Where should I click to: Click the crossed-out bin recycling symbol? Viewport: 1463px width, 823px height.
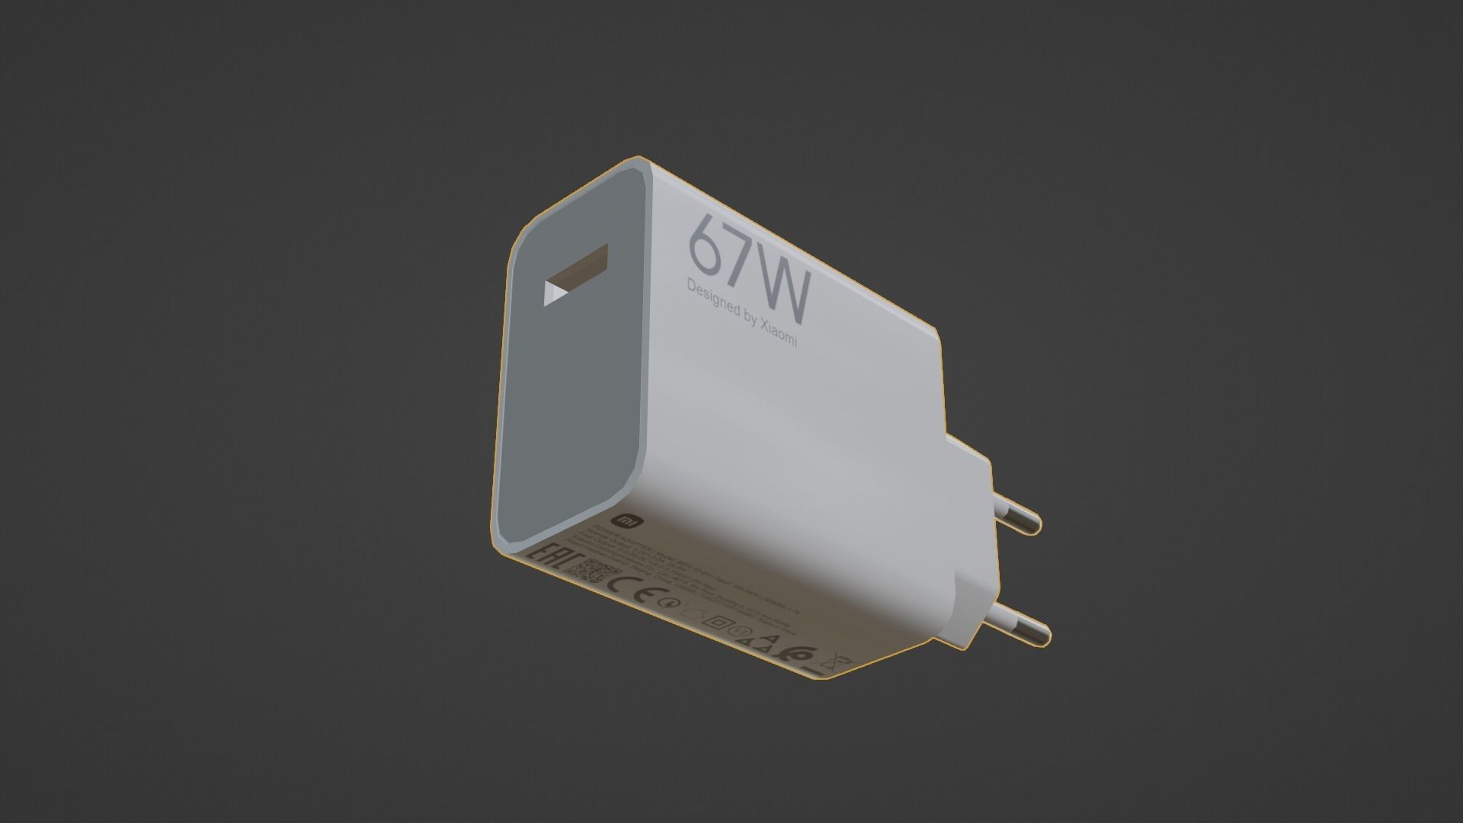(836, 661)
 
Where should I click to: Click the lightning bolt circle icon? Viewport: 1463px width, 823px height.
(668, 603)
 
